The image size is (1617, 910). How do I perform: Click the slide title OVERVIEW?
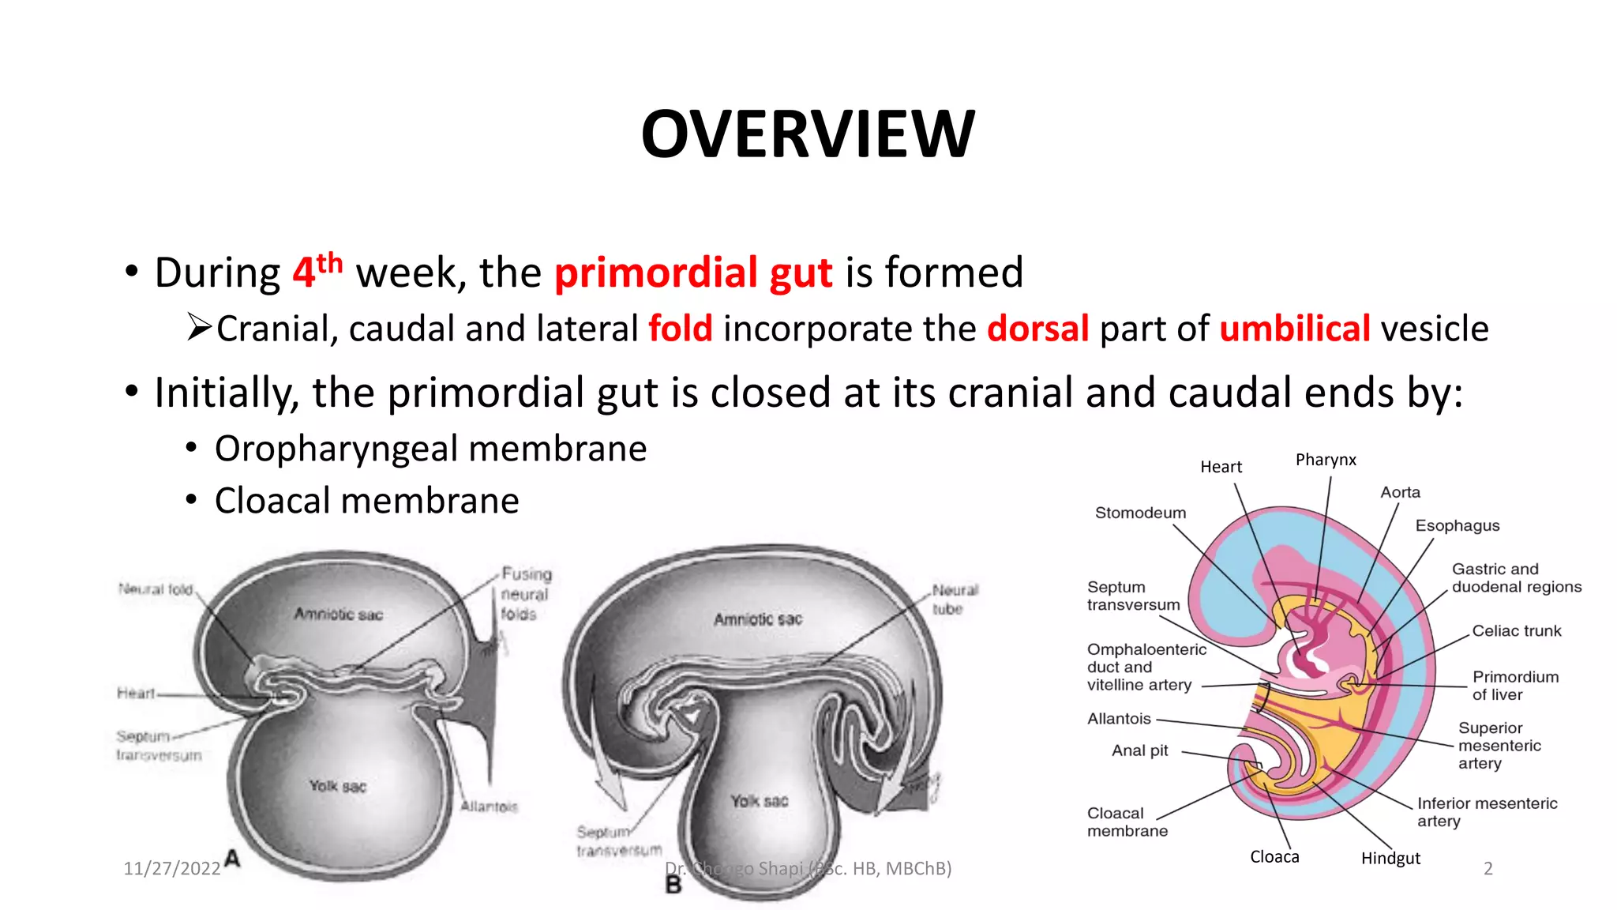[808, 134]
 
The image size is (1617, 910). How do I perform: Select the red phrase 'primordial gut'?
[693, 273]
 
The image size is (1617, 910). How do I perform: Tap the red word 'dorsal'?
[1037, 329]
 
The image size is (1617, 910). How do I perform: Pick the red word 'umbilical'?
[1294, 329]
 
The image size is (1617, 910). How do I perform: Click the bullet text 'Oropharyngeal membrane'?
[430, 449]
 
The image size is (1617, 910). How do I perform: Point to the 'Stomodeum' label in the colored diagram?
[1140, 513]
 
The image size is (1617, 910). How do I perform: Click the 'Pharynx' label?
[1326, 460]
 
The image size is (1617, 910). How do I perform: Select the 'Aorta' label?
[1400, 492]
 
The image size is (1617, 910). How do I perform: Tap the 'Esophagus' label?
[1457, 525]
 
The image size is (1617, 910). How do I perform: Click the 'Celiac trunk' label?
[1516, 630]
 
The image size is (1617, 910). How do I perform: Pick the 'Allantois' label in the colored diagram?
[1119, 718]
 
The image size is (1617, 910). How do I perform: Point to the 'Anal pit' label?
[1139, 750]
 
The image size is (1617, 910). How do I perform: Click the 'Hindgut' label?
[1390, 858]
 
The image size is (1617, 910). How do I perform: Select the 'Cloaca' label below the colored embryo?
[1274, 857]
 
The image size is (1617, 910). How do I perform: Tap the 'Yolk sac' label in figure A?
[337, 786]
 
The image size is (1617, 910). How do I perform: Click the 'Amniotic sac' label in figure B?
[758, 619]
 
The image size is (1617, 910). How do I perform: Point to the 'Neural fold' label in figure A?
[156, 589]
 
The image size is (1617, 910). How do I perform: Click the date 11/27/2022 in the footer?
[172, 869]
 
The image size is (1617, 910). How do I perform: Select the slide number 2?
[1488, 869]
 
